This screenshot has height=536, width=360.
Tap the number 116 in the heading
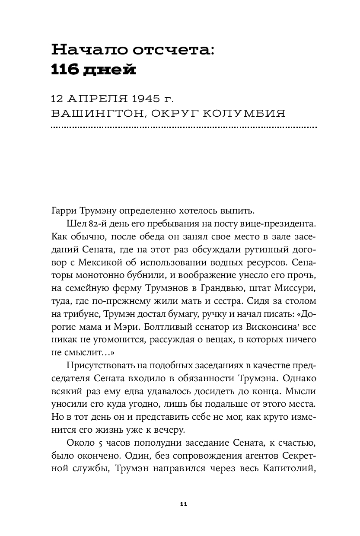coord(64,69)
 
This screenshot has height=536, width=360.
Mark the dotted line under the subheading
coord(184,128)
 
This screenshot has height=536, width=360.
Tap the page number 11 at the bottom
coord(183,504)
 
